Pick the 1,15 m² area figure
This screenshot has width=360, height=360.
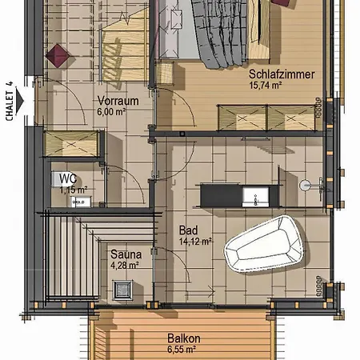[72, 190]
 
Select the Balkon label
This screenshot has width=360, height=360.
[183, 338]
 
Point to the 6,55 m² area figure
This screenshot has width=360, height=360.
[183, 350]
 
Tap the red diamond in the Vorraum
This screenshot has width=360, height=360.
[58, 56]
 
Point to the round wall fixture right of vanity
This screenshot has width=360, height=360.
[304, 185]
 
